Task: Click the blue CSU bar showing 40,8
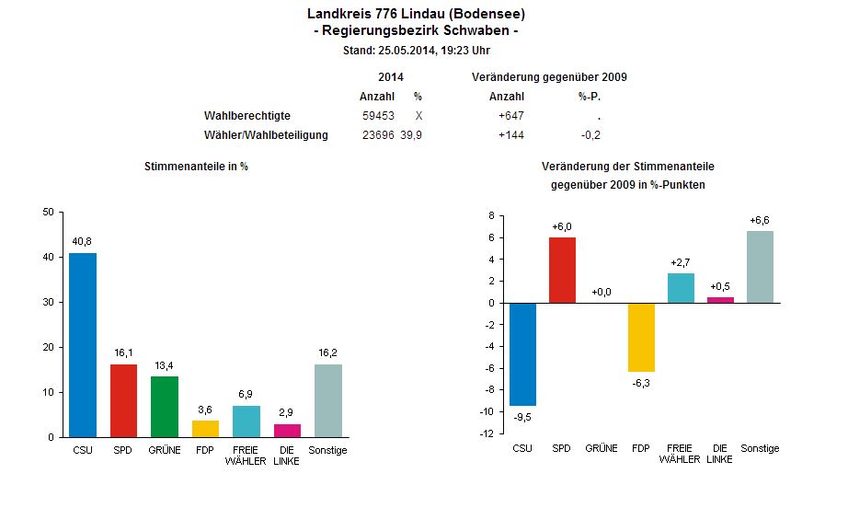[x=83, y=345]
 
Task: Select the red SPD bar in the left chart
[x=124, y=400]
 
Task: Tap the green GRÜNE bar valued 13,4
[x=165, y=407]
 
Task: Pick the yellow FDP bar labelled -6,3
[x=641, y=337]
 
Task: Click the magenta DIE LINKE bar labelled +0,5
[x=720, y=300]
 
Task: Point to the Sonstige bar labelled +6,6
[x=761, y=267]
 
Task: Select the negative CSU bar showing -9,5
[x=522, y=354]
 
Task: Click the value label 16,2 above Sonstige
[x=328, y=352]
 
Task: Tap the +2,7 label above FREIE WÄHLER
[x=681, y=262]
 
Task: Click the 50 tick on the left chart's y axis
[x=48, y=212]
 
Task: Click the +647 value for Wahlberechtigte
[x=510, y=116]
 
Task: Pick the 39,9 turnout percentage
[x=411, y=135]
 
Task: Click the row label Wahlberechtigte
[x=247, y=116]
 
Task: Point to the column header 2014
[x=391, y=77]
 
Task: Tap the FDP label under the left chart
[x=205, y=450]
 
